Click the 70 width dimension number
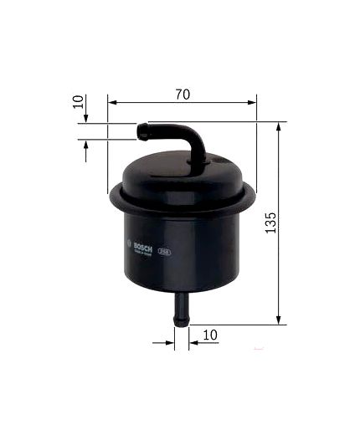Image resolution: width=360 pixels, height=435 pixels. (x=182, y=94)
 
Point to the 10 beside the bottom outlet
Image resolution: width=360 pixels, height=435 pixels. (x=209, y=335)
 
